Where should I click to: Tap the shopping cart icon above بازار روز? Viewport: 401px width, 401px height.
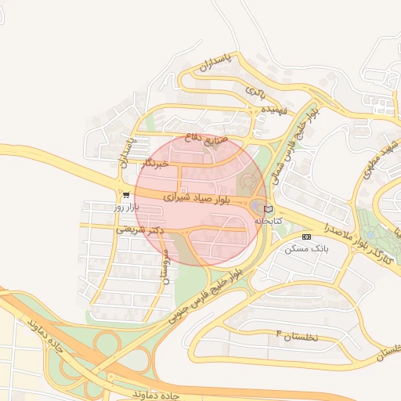(x=127, y=195)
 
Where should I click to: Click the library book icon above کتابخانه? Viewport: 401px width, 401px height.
(x=269, y=209)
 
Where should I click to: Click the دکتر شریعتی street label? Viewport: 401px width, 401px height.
(x=139, y=227)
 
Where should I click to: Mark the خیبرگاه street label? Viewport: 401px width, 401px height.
(x=158, y=164)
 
